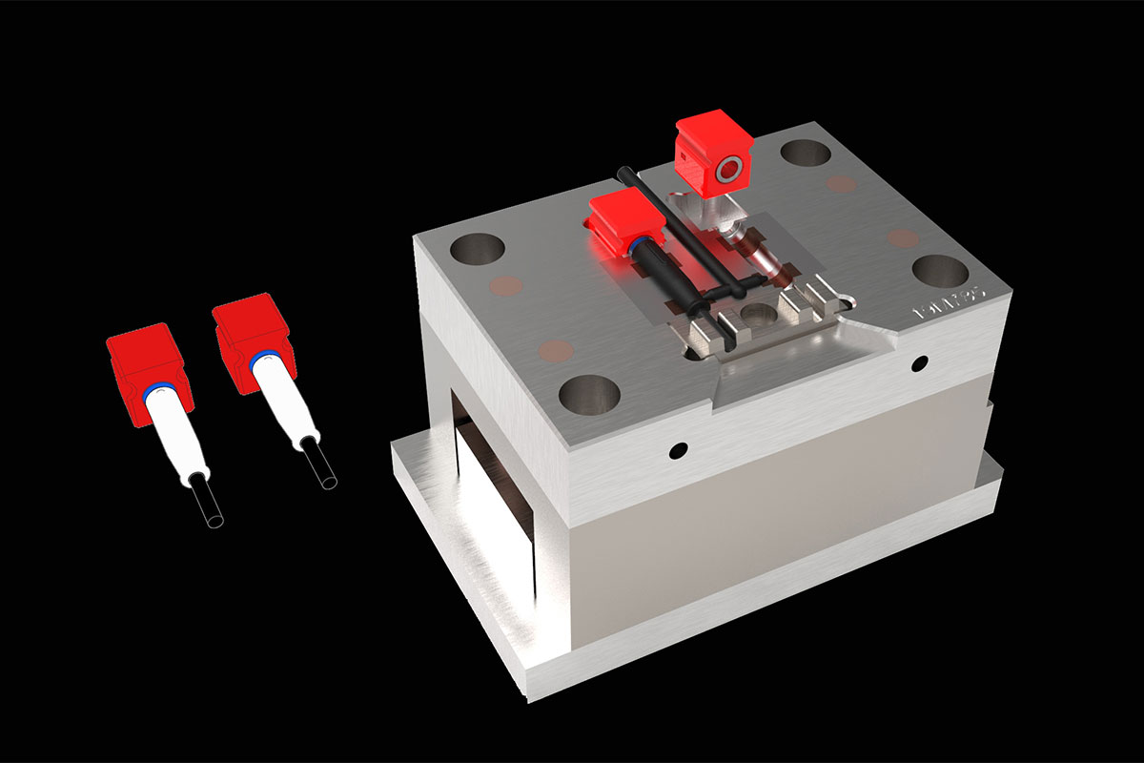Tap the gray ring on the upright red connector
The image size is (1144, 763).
point(729,173)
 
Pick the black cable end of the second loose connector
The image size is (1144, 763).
point(319,468)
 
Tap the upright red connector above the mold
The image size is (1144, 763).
point(713,156)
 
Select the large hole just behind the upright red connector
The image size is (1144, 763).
point(805,153)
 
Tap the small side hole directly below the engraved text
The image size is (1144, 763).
point(920,362)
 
